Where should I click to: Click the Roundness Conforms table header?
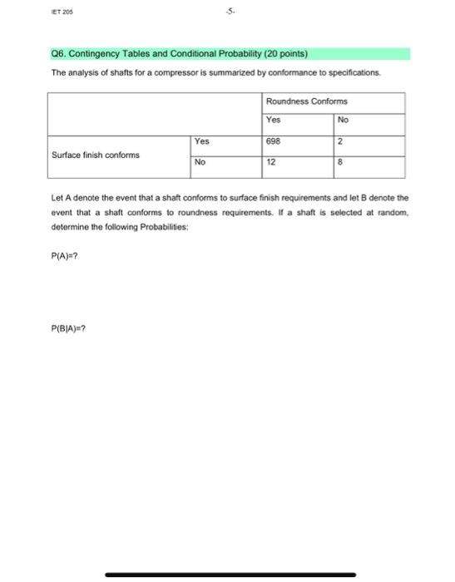tap(307, 101)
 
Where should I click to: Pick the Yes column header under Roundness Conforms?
tap(274, 121)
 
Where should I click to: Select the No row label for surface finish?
tap(201, 163)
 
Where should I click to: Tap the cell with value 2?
tap(342, 142)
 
